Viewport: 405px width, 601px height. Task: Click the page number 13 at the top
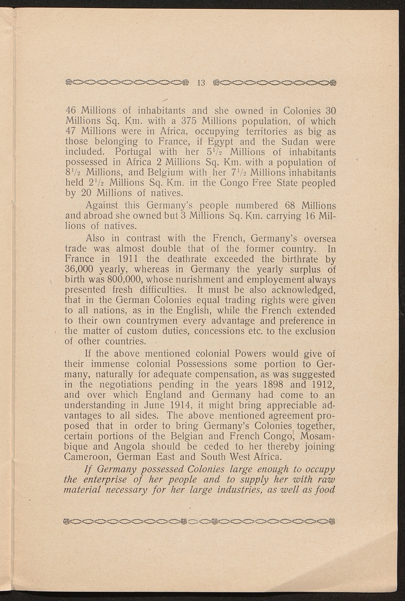[201, 83]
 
